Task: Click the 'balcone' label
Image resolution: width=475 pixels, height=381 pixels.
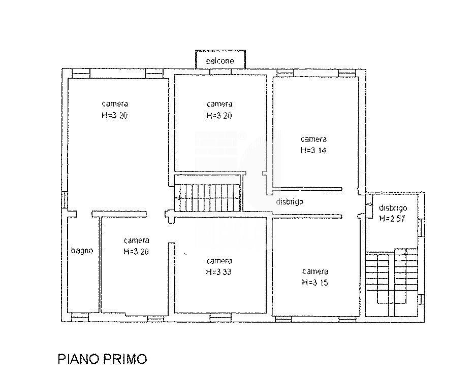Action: [220, 61]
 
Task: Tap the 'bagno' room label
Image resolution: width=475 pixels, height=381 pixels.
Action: [82, 250]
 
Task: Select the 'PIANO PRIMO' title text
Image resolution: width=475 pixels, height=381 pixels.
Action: [102, 359]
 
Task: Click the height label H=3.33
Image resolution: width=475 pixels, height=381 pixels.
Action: [219, 271]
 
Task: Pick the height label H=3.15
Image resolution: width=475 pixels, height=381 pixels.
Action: [314, 282]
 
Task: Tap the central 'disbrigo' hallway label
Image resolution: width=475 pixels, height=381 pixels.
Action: [290, 201]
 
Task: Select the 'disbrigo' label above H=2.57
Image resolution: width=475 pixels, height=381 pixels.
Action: [393, 208]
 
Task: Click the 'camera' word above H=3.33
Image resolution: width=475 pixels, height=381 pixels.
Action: [219, 261]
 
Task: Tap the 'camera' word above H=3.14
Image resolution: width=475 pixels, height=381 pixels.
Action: [313, 139]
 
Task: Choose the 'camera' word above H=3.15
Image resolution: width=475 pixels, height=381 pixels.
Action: [315, 271]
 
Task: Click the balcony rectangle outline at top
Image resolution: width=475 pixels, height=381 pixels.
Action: [221, 52]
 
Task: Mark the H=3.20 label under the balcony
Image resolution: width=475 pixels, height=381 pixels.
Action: [219, 115]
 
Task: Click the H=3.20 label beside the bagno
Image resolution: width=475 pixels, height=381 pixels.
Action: [136, 251]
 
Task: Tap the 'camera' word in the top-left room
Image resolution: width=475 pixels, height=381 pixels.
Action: [114, 104]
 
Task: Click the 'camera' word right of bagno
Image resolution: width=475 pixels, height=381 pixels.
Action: [136, 240]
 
